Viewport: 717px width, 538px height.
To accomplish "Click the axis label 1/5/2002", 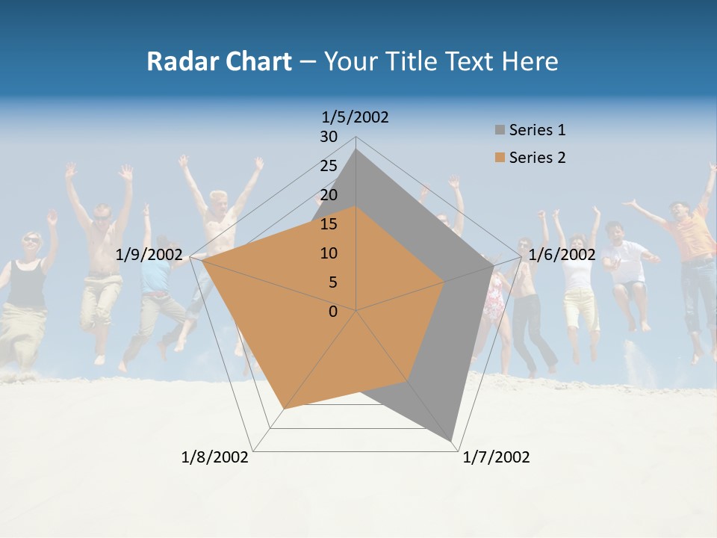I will point(355,117).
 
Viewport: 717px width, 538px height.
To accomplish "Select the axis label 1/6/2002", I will point(562,255).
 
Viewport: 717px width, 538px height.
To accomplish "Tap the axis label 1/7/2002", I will point(496,457).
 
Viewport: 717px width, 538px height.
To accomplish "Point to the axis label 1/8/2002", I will point(215,457).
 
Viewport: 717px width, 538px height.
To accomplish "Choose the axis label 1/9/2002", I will point(149,255).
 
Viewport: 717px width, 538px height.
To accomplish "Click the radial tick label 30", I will point(329,137).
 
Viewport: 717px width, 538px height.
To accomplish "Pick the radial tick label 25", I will point(329,166).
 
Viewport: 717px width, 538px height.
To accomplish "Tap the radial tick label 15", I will point(329,224).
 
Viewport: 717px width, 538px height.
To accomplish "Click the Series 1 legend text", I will point(537,130).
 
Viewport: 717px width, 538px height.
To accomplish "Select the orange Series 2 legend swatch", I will point(500,158).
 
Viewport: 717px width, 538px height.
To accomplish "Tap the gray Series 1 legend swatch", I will point(500,130).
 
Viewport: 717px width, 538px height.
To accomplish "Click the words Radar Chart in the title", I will point(219,61).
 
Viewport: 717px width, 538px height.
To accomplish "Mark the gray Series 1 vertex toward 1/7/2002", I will point(452,441).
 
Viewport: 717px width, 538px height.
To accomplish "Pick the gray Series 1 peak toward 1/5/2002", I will point(356,149).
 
